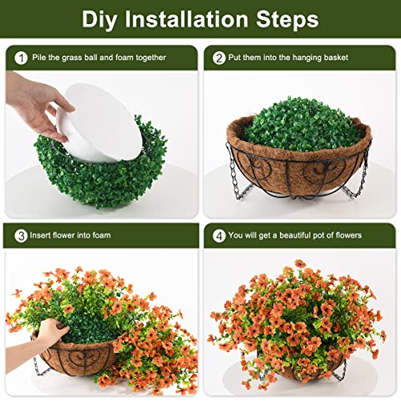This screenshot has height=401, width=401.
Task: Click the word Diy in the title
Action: tap(103, 18)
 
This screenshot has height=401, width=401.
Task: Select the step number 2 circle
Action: tap(219, 58)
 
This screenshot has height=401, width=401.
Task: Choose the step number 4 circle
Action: tap(219, 236)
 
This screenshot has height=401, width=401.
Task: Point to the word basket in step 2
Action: tap(352, 58)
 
